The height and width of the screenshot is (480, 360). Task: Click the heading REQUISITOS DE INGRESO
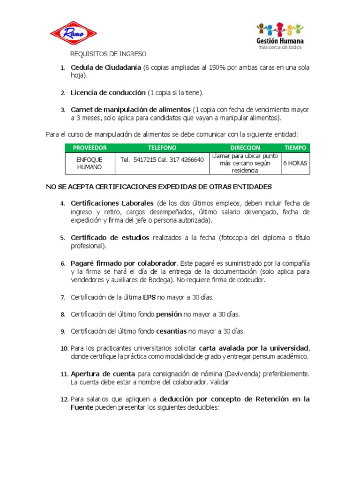point(108,54)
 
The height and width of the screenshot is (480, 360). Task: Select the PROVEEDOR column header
point(90,148)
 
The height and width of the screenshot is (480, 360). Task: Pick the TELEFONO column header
point(162,148)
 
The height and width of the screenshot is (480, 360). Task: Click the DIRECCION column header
point(245,148)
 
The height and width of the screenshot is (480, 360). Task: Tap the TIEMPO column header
point(295,148)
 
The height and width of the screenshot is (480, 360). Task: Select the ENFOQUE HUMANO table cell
point(90,163)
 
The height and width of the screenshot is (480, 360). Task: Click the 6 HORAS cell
point(295,164)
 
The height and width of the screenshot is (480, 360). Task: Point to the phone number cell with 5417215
point(162,160)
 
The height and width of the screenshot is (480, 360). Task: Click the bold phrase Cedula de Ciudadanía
point(106,67)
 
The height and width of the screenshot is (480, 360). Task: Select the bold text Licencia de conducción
point(108,93)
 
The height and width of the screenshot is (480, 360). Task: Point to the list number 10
point(64,348)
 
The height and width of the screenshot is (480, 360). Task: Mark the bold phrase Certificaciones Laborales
point(112,203)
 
